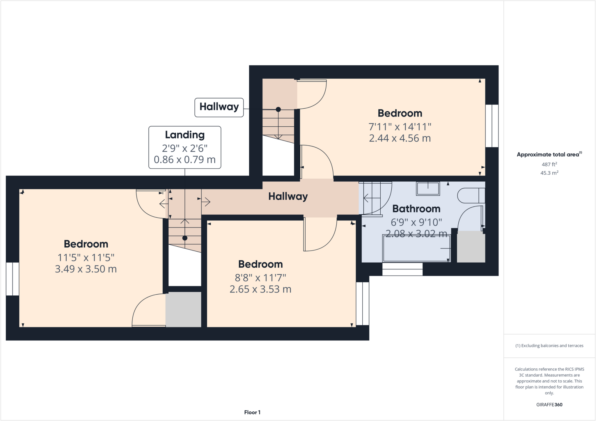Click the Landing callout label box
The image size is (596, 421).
(x=185, y=147)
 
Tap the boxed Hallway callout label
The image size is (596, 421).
(x=219, y=107)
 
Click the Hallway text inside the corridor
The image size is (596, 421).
(x=288, y=197)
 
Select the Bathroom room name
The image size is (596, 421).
(x=416, y=209)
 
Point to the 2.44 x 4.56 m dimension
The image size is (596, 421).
(x=400, y=138)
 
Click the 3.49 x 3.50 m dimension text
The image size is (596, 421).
(x=86, y=269)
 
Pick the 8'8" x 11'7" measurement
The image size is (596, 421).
(x=260, y=278)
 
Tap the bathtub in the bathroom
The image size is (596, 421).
(x=416, y=248)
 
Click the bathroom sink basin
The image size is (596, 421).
(x=428, y=189)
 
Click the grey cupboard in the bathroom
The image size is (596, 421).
(x=471, y=247)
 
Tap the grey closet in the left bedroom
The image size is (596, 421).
(x=183, y=309)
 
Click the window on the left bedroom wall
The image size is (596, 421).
(x=13, y=279)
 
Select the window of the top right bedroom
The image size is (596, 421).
(x=492, y=126)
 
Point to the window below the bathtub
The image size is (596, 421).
(x=402, y=269)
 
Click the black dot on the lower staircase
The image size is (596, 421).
(x=185, y=238)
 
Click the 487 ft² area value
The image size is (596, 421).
(x=549, y=164)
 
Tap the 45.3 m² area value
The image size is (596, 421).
(x=549, y=173)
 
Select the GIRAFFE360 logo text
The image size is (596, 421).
(x=549, y=404)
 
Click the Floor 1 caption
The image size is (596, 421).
(x=252, y=412)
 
